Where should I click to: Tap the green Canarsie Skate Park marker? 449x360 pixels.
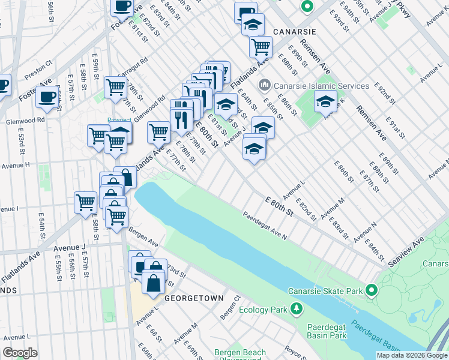coord(371,291)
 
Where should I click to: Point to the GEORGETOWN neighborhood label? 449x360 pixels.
coord(195,298)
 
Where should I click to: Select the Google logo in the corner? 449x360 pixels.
coord(20,353)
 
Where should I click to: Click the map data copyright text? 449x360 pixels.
coord(411,355)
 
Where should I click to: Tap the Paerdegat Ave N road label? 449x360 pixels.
coord(265,225)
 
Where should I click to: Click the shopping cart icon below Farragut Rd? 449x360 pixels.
coord(115,86)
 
